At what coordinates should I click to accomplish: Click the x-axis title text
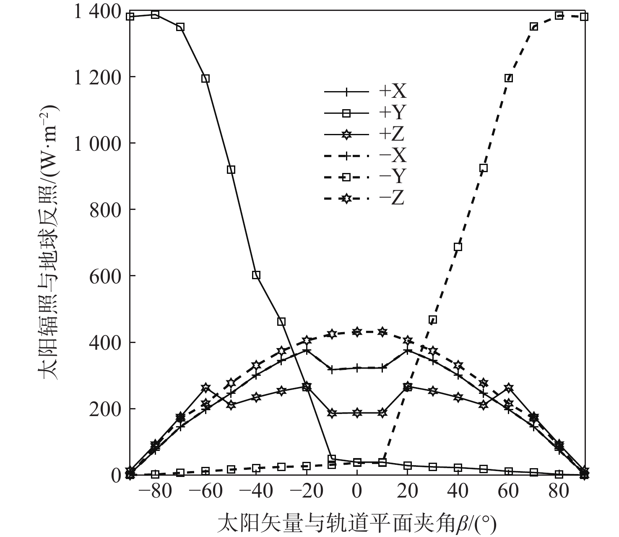pyautogui.click(x=356, y=523)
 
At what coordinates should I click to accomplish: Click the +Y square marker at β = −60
pyautogui.click(x=205, y=79)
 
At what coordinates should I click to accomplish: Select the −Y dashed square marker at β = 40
pyautogui.click(x=458, y=247)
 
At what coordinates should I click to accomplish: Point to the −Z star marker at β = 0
pyautogui.click(x=357, y=332)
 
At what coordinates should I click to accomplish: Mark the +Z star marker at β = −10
pyautogui.click(x=332, y=413)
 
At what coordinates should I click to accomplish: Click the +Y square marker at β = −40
pyautogui.click(x=256, y=275)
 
